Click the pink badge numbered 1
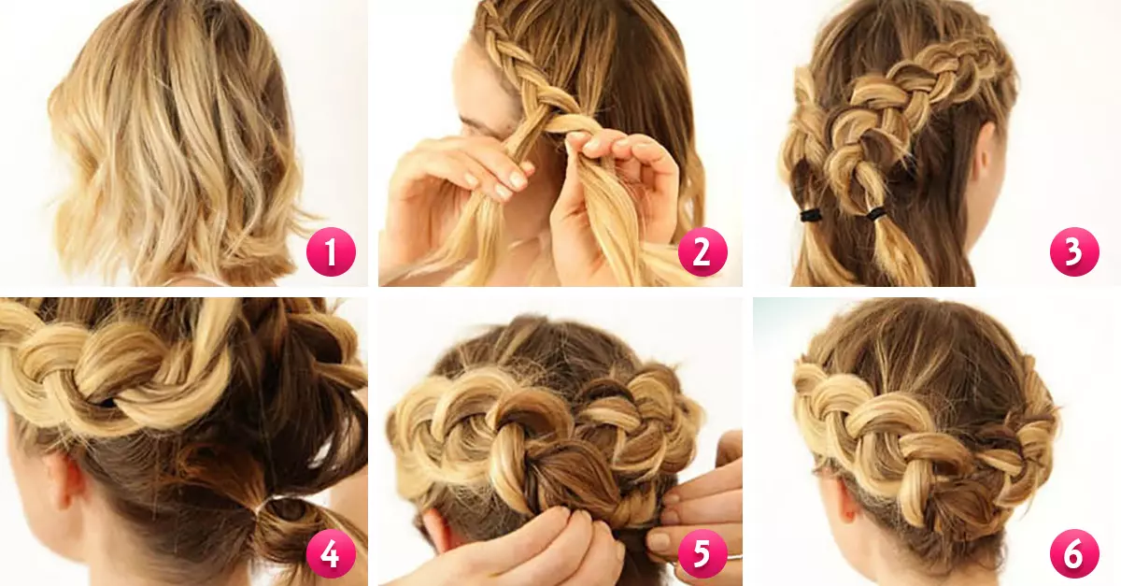click(x=331, y=251)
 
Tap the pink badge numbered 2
click(x=702, y=251)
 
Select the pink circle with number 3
click(x=1074, y=251)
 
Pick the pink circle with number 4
click(x=331, y=553)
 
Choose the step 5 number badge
click(x=702, y=553)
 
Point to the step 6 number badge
click(x=1074, y=553)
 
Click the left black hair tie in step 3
click(x=809, y=216)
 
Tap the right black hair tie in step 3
click(x=876, y=214)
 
